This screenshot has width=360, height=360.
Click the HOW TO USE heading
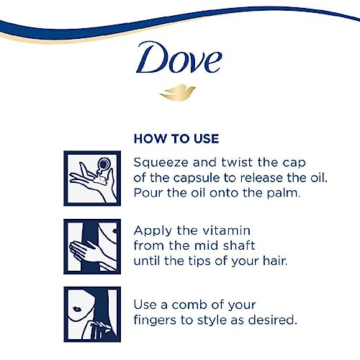[x=176, y=138]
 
